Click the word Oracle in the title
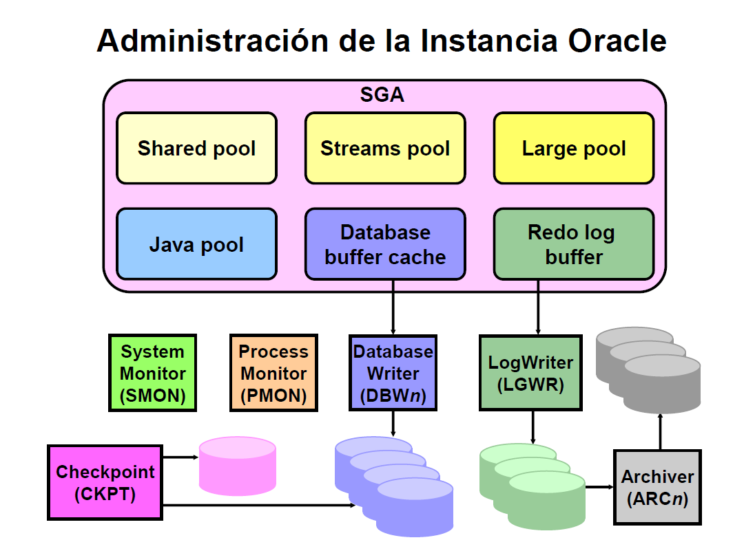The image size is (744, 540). pos(617,41)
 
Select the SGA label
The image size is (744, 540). pos(382,95)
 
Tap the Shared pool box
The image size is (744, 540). pos(196,149)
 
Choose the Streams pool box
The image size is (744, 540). pos(385,149)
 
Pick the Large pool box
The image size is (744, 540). pos(574,149)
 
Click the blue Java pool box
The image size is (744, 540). pos(196,244)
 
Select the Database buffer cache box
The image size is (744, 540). pos(385,244)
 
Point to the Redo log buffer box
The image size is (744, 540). pos(574,244)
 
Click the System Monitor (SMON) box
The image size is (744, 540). pos(153,373)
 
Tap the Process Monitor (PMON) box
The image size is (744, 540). pos(273,373)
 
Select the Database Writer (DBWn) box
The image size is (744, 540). pos(393,373)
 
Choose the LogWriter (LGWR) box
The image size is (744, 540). pos(530,373)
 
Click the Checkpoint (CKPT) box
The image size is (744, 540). pos(105,482)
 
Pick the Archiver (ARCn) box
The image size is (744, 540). pos(657,487)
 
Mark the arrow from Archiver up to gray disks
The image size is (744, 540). pos(661,431)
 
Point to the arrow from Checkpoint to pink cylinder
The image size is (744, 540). pos(180,456)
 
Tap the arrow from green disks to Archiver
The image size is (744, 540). pos(599,486)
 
